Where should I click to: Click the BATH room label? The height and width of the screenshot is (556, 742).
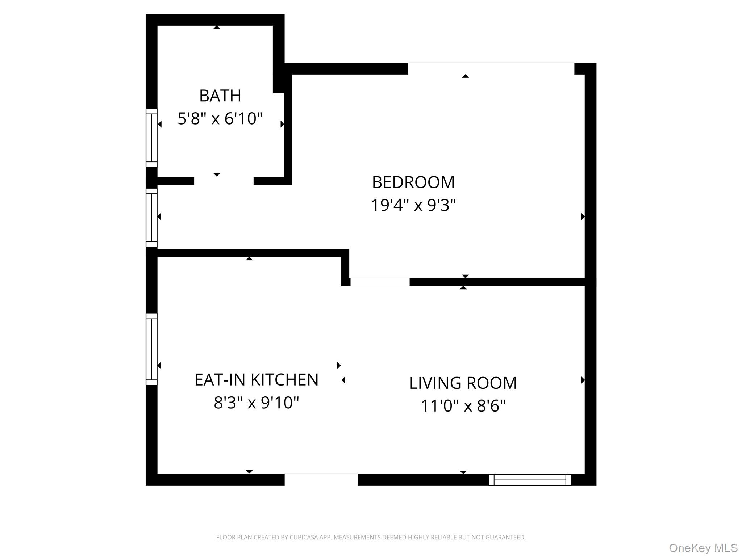[x=220, y=96]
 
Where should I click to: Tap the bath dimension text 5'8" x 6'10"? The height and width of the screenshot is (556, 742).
[x=220, y=119]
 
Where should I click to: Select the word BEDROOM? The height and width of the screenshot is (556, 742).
[x=413, y=182]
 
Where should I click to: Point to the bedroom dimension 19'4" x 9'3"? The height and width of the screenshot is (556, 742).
[x=413, y=205]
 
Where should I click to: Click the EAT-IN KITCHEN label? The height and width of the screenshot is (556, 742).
[x=256, y=380]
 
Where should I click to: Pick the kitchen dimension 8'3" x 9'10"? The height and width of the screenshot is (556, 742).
[x=256, y=403]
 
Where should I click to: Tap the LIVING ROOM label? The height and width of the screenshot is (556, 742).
[x=463, y=383]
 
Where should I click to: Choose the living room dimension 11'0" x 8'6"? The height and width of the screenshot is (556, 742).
[x=463, y=406]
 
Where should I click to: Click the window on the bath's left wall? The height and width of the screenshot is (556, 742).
[x=151, y=138]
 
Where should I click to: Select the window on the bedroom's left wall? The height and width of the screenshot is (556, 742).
[x=151, y=217]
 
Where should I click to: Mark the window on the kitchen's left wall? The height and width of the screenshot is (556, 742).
[x=151, y=349]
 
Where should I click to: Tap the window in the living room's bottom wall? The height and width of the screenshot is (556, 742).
[x=530, y=480]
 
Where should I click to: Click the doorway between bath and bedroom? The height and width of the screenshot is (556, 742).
[x=224, y=181]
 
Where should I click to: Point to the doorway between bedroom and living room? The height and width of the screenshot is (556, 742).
[x=380, y=282]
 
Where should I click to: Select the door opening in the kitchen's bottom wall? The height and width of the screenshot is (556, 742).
[x=321, y=479]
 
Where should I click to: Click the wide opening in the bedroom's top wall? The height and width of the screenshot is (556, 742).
[x=491, y=68]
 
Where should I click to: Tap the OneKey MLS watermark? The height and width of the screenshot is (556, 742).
[x=703, y=548]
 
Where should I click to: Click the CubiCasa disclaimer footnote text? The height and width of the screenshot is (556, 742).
[x=371, y=537]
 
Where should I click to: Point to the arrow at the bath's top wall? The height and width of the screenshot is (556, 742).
[x=217, y=27]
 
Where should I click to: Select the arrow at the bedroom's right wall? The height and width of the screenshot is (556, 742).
[x=583, y=216]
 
